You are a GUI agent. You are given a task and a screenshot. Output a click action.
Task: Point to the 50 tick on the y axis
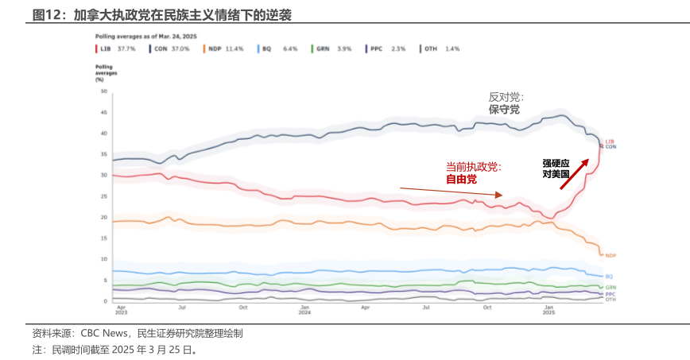[103, 91]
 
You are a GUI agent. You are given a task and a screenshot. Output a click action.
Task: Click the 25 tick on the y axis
[103, 196]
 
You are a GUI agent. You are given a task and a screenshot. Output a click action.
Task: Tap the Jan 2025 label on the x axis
[549, 309]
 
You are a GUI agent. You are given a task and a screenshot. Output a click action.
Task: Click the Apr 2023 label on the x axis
[121, 309]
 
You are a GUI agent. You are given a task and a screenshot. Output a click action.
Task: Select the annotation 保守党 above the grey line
[504, 110]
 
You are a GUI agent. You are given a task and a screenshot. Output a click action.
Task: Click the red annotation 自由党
[461, 180]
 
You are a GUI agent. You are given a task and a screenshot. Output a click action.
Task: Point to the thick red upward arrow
[574, 174]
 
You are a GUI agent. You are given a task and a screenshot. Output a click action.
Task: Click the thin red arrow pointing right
[451, 192]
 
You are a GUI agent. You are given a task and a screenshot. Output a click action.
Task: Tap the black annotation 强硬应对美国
[556, 167]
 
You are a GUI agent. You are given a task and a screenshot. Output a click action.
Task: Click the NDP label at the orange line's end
[611, 255]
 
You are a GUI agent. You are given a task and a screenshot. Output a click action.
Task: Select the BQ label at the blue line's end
[609, 276]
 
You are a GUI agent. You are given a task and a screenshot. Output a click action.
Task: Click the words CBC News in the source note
[103, 334]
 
